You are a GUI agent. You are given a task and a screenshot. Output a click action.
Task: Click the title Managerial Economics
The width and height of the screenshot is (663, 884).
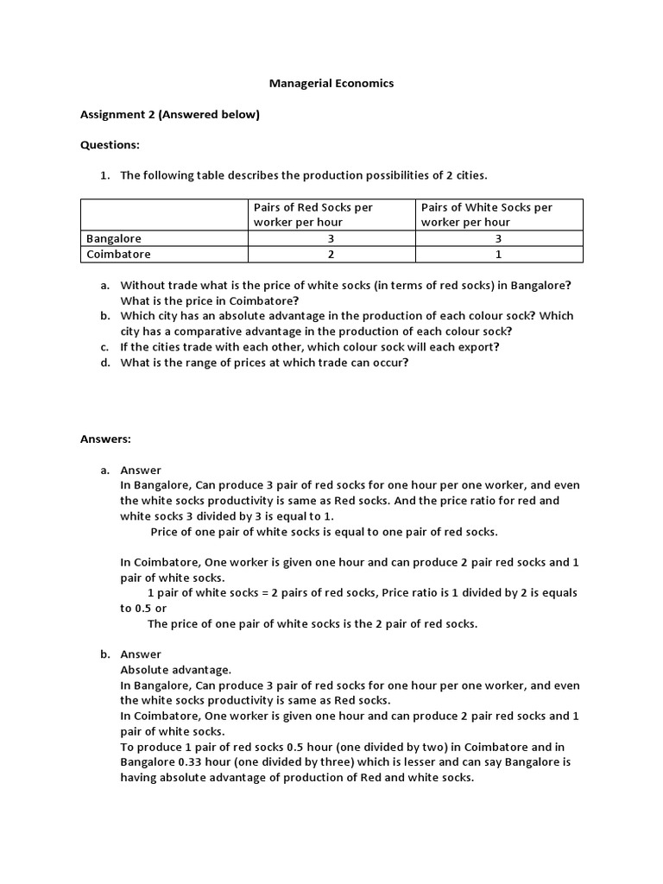[331, 84]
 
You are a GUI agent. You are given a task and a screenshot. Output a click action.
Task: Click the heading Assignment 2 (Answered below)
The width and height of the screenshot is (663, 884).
[169, 114]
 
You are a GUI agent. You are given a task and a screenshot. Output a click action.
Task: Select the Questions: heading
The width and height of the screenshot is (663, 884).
[110, 145]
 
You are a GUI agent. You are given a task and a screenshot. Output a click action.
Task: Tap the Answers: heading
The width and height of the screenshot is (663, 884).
[105, 439]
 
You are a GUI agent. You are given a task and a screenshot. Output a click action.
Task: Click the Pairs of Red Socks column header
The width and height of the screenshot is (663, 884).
[313, 214]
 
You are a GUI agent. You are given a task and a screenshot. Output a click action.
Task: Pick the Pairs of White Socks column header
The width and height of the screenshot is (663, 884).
[486, 214]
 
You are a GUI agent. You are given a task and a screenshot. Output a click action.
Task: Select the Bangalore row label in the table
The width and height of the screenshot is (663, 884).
[114, 238]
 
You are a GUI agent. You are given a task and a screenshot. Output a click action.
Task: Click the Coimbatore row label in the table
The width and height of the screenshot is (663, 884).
[118, 255]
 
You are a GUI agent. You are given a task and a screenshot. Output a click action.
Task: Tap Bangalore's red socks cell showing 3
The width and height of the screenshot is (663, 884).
[331, 238]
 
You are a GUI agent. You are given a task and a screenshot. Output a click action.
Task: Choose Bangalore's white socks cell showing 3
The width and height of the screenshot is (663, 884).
[498, 238]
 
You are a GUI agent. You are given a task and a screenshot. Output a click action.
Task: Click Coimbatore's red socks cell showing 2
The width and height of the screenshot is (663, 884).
[331, 255]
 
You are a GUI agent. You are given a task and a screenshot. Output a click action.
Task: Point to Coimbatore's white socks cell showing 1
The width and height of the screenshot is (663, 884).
[498, 255]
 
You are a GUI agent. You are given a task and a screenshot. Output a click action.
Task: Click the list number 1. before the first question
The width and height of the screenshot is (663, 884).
[104, 175]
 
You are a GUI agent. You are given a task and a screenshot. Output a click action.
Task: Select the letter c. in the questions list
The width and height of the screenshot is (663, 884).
[104, 347]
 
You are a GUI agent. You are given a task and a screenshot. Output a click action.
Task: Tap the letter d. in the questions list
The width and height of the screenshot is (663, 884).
[104, 363]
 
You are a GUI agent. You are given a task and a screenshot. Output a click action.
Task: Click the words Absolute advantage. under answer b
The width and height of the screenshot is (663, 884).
[175, 670]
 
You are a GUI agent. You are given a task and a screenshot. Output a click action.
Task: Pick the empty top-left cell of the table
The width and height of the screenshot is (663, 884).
[163, 214]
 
